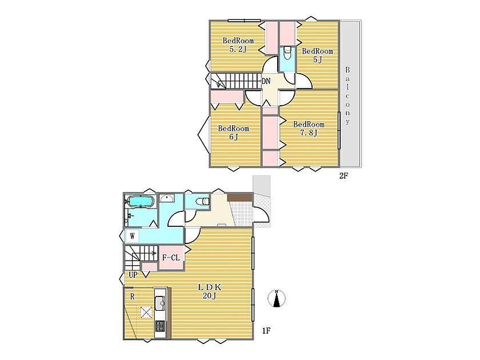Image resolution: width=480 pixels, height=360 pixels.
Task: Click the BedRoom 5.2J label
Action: tap(238, 45)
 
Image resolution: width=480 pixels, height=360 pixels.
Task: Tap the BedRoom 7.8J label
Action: tap(309, 128)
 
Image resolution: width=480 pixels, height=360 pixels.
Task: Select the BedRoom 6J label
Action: tap(233, 132)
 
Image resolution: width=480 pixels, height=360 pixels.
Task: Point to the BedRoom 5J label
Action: tap(318, 55)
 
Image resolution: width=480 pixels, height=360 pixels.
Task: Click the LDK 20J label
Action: tap(209, 291)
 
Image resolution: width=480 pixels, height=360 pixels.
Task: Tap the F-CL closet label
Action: tap(171, 258)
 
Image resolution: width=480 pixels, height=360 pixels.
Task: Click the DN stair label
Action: tap(266, 81)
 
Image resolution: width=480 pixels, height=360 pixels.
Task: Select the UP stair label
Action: tap(133, 275)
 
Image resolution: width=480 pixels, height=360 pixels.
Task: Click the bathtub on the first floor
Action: tap(140, 201)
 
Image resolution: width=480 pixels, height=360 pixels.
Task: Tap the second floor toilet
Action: tap(287, 54)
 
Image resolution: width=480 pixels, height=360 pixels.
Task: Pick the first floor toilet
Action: tap(202, 201)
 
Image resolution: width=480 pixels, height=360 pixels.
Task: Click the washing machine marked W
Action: tap(132, 237)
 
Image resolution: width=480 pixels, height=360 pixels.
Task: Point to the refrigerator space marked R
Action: tap(132, 297)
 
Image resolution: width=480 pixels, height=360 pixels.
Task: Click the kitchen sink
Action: tap(160, 303)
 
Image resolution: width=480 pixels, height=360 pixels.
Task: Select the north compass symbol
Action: tap(277, 298)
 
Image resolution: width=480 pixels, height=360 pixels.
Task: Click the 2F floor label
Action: tap(343, 176)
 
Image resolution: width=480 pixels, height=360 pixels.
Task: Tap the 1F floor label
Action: tap(266, 331)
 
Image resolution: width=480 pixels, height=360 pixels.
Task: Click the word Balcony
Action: tap(347, 95)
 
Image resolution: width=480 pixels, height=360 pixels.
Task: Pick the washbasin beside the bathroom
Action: tap(166, 198)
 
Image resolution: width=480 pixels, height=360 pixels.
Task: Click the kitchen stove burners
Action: tap(160, 325)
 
